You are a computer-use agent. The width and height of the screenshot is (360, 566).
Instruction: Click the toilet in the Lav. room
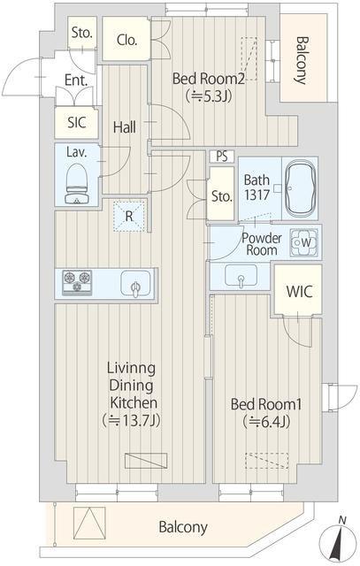click(77, 183)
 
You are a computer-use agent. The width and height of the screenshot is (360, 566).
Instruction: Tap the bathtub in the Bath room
click(300, 188)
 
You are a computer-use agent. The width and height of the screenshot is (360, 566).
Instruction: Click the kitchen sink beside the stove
click(135, 284)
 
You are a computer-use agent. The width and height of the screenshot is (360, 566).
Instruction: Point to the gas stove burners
click(77, 283)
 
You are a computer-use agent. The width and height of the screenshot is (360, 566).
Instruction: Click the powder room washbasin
click(241, 277)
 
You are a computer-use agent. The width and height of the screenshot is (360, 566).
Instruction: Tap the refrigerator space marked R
click(129, 217)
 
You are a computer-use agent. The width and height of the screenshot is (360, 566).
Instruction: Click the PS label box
click(222, 157)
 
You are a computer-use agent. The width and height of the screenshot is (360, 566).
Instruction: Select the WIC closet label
click(299, 291)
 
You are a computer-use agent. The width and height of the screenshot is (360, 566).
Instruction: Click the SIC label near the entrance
click(77, 123)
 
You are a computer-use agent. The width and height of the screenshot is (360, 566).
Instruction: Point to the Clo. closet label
click(126, 40)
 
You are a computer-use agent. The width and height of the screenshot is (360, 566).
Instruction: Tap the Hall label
click(125, 127)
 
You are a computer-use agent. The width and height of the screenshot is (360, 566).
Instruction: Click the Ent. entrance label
click(76, 80)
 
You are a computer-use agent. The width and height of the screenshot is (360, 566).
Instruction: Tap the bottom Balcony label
click(183, 527)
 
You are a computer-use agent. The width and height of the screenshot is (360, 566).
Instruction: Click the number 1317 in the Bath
click(257, 195)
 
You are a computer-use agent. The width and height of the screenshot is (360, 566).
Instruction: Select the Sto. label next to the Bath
click(221, 196)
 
